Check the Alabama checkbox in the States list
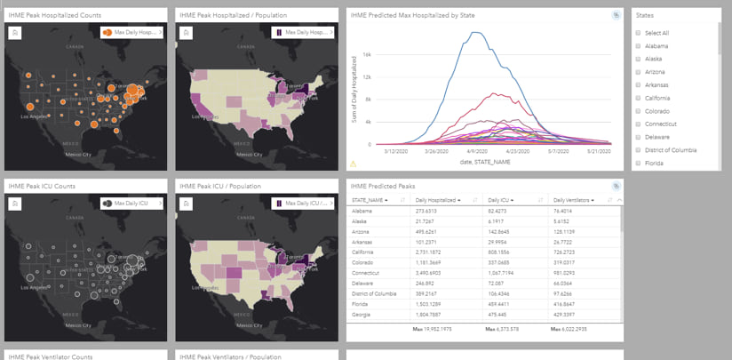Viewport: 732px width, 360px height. tap(639, 45)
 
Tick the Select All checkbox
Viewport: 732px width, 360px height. tap(639, 33)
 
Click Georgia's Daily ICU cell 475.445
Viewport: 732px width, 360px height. tap(497, 314)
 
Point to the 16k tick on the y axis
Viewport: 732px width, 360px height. tap(379, 54)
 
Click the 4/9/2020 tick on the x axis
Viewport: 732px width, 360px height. tap(467, 151)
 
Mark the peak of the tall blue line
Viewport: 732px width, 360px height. tap(476, 33)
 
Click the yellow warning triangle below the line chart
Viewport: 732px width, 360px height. tap(353, 164)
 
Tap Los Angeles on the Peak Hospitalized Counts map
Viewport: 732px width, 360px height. tap(36, 116)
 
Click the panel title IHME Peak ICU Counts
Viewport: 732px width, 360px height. tap(40, 186)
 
